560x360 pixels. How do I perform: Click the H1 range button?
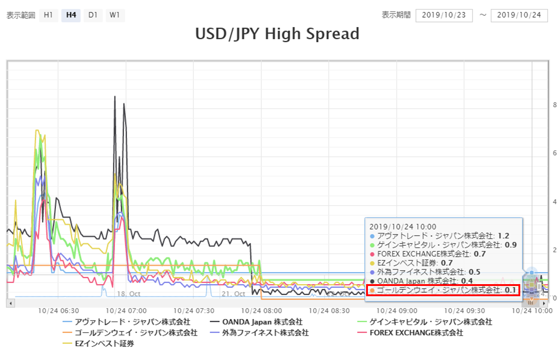[x=49, y=15]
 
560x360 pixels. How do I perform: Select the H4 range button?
[x=70, y=15]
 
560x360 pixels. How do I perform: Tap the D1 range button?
[x=92, y=15]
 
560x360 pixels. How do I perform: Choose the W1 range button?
[x=114, y=15]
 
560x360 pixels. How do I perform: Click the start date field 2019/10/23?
[x=444, y=15]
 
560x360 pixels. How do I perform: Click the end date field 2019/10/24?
[x=518, y=15]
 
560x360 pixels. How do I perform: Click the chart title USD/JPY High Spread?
[x=277, y=34]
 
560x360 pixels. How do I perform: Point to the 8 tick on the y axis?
[x=555, y=105]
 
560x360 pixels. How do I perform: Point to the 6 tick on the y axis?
[x=555, y=154]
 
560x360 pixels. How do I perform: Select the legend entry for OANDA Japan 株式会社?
[x=258, y=322]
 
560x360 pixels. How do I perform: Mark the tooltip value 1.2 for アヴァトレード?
[x=503, y=236]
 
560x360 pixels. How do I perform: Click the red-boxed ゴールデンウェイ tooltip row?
[x=443, y=290]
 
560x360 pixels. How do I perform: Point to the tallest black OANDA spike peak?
[x=115, y=96]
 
